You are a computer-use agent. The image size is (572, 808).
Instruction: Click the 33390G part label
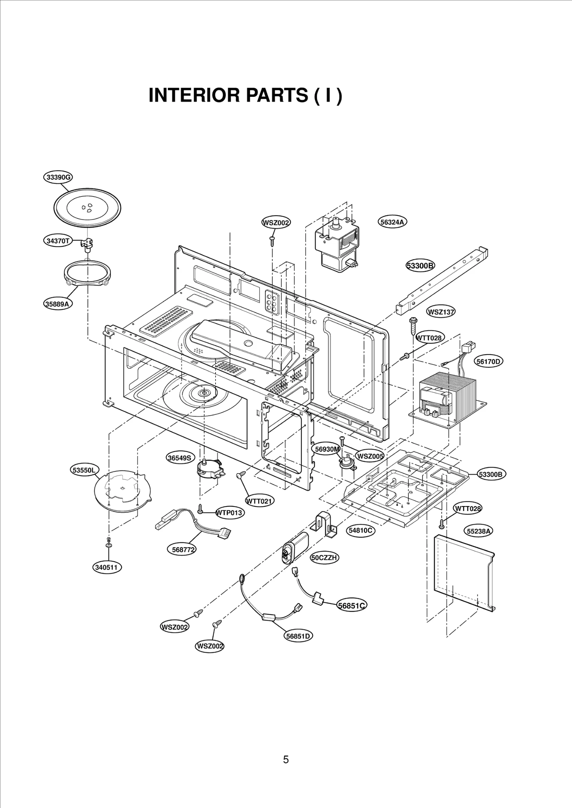pyautogui.click(x=58, y=177)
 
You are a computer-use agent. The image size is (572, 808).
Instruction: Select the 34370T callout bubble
pyautogui.click(x=58, y=241)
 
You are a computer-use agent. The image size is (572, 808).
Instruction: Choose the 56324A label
pyautogui.click(x=392, y=222)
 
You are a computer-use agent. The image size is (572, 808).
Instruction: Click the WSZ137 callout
pyautogui.click(x=441, y=312)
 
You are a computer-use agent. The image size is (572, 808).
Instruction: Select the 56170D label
pyautogui.click(x=489, y=361)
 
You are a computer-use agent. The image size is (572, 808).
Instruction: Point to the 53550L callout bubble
pyautogui.click(x=84, y=470)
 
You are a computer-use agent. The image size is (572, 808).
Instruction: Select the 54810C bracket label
pyautogui.click(x=361, y=531)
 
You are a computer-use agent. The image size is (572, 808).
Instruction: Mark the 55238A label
pyautogui.click(x=479, y=531)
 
